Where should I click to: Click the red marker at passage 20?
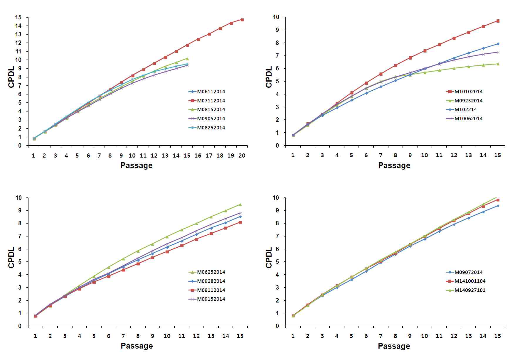point(242,20)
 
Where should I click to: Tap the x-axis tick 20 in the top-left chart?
point(242,156)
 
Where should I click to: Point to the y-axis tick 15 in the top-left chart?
point(18,17)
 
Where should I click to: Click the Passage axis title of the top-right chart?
point(394,165)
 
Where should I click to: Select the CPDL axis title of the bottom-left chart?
point(11,258)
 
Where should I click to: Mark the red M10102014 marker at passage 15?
point(498,21)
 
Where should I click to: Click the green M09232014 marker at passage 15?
point(498,64)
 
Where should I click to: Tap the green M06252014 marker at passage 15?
point(240,204)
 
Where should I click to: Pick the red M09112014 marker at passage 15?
point(240,222)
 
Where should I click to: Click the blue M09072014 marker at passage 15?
point(498,206)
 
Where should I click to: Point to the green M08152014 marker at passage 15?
point(187,59)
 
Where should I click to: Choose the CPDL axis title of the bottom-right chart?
point(269,258)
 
